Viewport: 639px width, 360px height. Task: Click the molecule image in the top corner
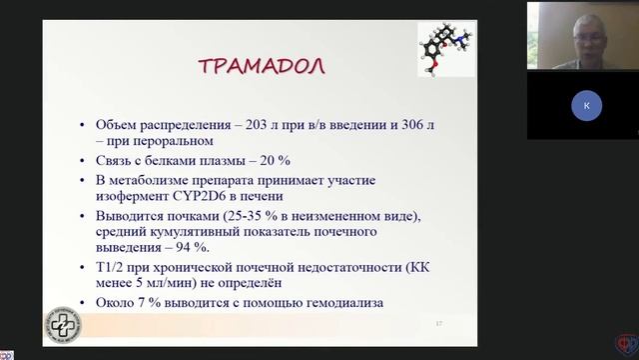(x=445, y=48)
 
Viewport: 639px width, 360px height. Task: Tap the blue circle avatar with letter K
(x=586, y=106)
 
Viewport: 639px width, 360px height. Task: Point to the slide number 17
(x=438, y=324)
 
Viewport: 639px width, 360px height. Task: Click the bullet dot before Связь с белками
(x=83, y=161)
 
